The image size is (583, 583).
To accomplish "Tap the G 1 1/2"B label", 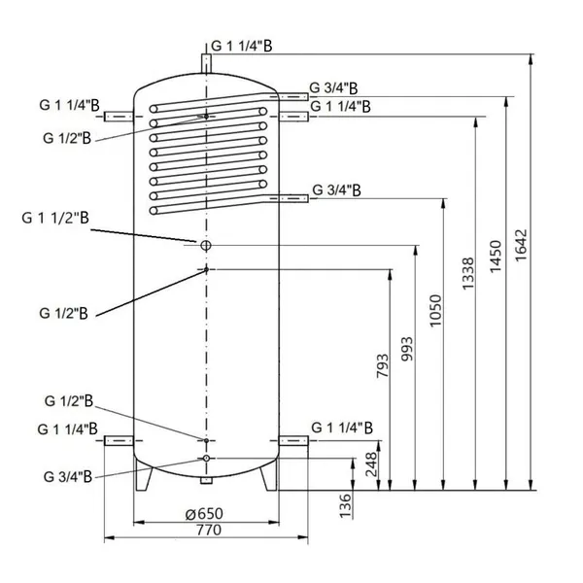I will (55, 221).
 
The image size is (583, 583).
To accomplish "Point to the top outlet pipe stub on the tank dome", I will (206, 62).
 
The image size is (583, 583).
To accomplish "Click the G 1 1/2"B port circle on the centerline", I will (206, 245).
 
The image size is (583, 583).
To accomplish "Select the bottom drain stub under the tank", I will (206, 480).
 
